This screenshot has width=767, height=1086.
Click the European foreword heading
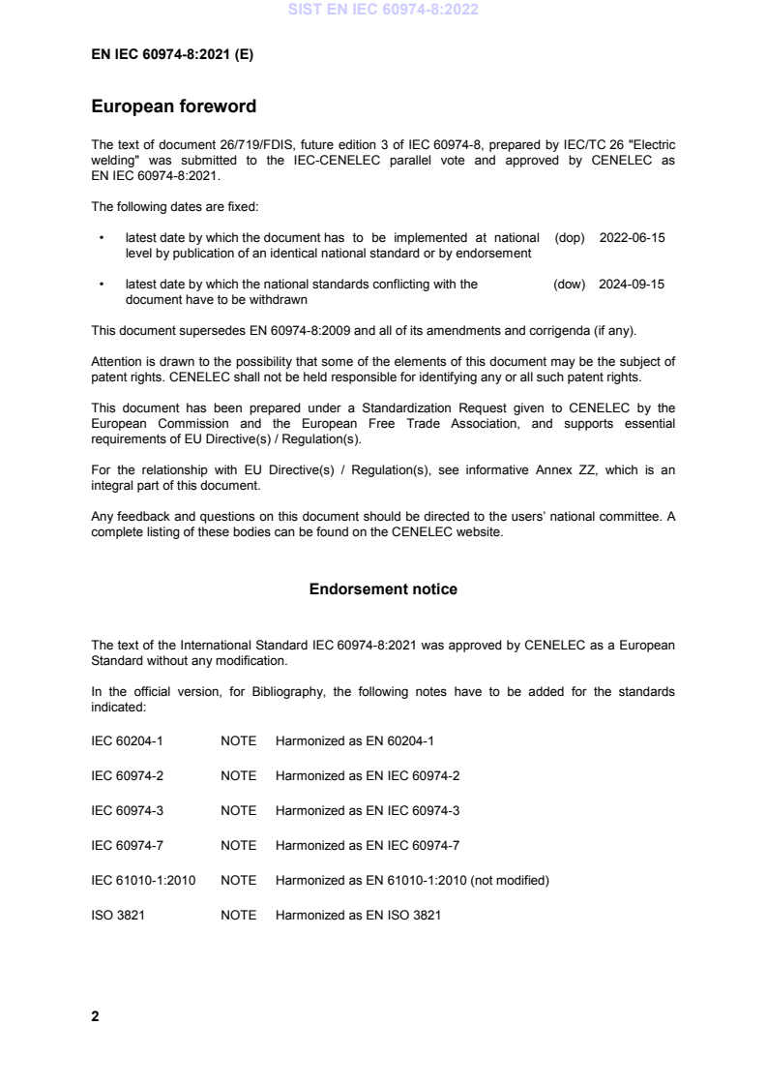pyautogui.click(x=173, y=106)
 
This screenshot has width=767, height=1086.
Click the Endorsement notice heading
pyautogui.click(x=383, y=589)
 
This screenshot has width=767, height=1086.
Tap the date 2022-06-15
pyautogui.click(x=632, y=237)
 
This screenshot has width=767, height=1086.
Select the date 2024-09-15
pyautogui.click(x=632, y=284)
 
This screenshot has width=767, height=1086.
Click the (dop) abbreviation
pyautogui.click(x=570, y=237)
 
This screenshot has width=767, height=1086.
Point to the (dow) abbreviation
pyautogui.click(x=570, y=284)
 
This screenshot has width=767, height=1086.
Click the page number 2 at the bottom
pyautogui.click(x=95, y=1016)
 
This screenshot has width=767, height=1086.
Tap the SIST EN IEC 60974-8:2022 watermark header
pyautogui.click(x=383, y=11)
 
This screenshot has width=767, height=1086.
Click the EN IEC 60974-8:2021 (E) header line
pyautogui.click(x=171, y=55)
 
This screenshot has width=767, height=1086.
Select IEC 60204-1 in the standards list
pyautogui.click(x=125, y=740)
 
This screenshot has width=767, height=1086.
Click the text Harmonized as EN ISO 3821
pyautogui.click(x=358, y=915)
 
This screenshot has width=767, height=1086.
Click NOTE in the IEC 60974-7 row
pyautogui.click(x=238, y=845)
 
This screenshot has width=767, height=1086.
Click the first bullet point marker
pyautogui.click(x=102, y=237)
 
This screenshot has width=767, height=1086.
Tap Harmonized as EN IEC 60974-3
pyautogui.click(x=368, y=810)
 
